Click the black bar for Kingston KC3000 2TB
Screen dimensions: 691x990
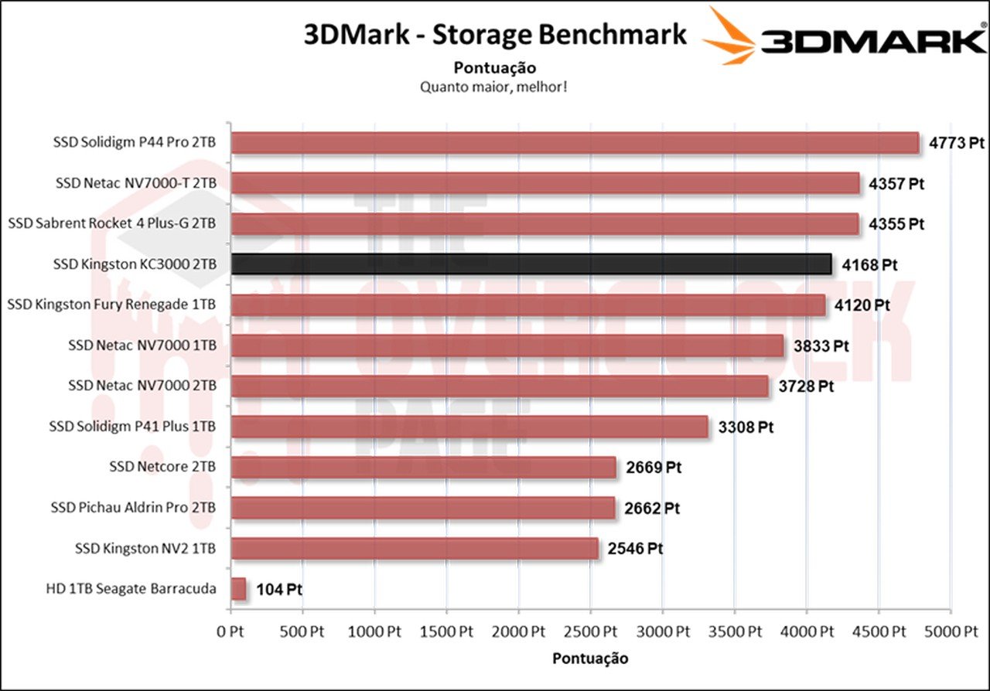pyautogui.click(x=531, y=264)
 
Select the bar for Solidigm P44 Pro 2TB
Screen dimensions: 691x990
pyautogui.click(x=575, y=143)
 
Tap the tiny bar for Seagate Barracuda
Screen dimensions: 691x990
pyautogui.click(x=238, y=589)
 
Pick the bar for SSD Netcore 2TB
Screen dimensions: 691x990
pyautogui.click(x=424, y=468)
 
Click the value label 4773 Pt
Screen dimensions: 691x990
pyautogui.click(x=956, y=144)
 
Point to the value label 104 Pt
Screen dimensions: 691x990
pyautogui.click(x=278, y=590)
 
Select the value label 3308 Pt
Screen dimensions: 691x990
pyautogui.click(x=746, y=427)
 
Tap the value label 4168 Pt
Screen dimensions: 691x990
pyautogui.click(x=869, y=265)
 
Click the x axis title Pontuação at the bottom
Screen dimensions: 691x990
pyautogui.click(x=590, y=659)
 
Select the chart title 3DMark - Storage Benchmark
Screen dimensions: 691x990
pyautogui.click(x=494, y=35)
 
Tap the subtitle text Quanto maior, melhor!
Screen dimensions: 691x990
pyautogui.click(x=494, y=87)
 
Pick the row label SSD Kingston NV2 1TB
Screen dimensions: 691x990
pyautogui.click(x=145, y=549)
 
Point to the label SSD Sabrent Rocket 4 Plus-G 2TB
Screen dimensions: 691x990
pyautogui.click(x=111, y=224)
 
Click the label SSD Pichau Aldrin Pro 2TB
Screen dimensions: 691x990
pyautogui.click(x=133, y=508)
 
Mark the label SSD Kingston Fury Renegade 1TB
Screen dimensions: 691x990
pyautogui.click(x=111, y=305)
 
